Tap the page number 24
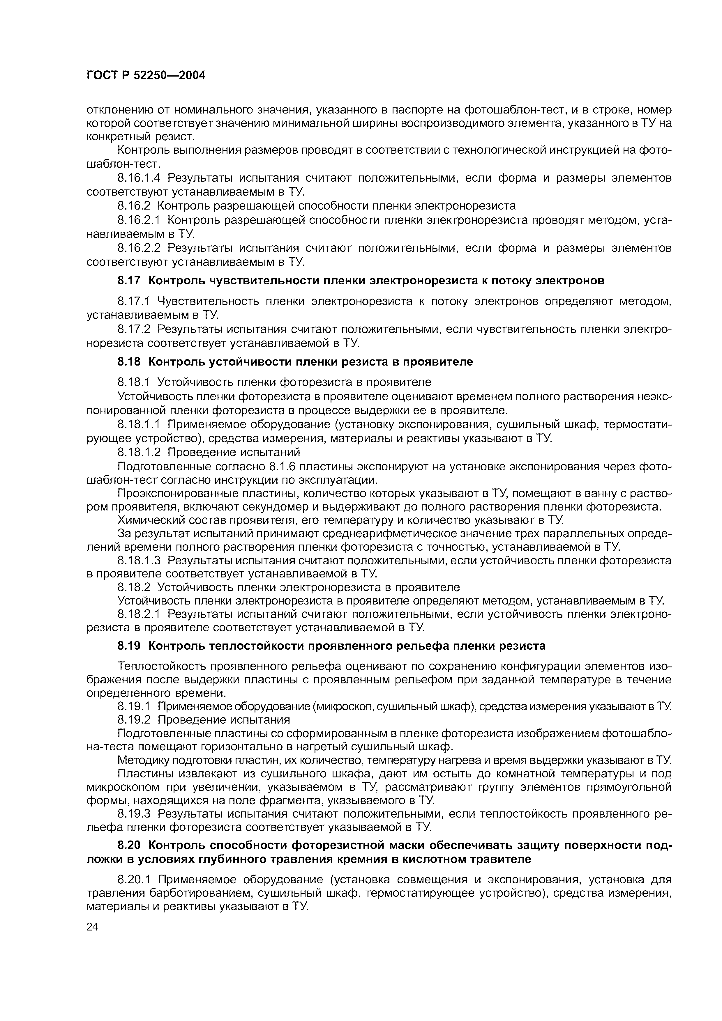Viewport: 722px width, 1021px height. [x=93, y=927]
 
